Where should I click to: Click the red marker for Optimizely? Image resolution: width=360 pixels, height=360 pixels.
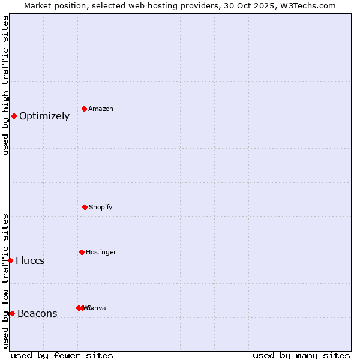point(14,116)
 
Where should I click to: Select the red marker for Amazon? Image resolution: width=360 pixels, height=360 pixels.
point(84,109)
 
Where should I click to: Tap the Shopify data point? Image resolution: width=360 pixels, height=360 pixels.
point(85,207)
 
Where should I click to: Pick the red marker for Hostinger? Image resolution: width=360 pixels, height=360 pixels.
point(82,252)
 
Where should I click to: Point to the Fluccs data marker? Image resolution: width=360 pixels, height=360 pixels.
point(10,260)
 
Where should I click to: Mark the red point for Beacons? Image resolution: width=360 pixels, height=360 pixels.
point(12,313)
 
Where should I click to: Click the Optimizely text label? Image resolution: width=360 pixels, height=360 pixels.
point(44,116)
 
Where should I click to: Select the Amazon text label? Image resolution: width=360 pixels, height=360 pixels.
point(101,109)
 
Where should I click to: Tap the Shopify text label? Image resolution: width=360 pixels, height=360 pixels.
point(101,208)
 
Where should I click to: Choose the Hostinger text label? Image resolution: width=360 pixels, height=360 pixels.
point(101,253)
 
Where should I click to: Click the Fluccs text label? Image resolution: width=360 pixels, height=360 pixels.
point(30,261)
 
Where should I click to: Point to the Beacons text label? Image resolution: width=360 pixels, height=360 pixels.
point(37,314)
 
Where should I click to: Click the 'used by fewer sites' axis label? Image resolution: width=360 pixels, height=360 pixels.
point(62,355)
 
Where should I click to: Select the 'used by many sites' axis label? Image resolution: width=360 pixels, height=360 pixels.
point(301,355)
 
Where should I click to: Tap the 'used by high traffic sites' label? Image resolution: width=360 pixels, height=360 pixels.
point(6,85)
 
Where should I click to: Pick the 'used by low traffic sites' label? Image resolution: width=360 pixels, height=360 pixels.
point(6,281)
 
